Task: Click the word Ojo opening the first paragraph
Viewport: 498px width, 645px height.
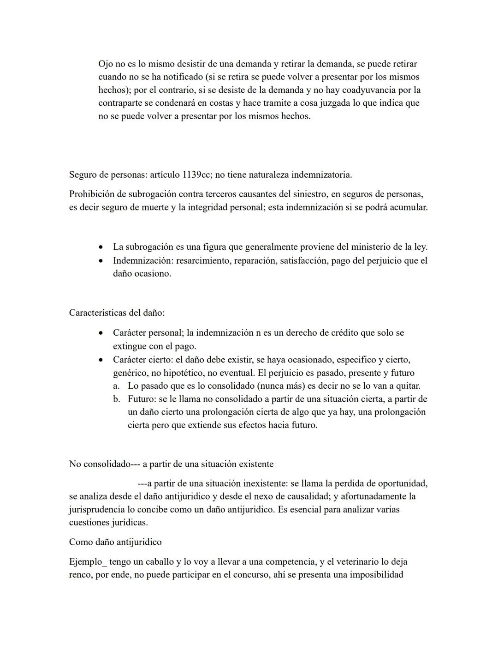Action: coord(106,64)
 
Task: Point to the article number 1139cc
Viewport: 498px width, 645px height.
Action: coord(197,175)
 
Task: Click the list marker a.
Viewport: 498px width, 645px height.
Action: coord(116,386)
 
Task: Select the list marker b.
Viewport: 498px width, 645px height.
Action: coord(116,398)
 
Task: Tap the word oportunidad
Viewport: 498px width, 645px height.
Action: coord(403,483)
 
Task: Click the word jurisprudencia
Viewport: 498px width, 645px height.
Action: coord(96,509)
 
